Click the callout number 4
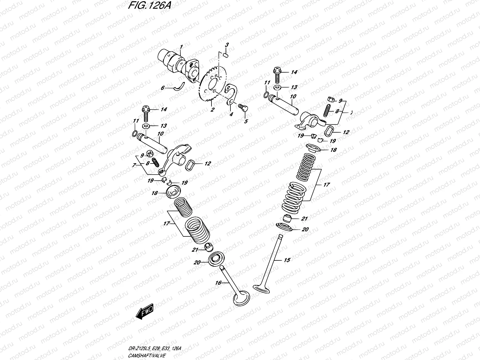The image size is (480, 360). (231, 114)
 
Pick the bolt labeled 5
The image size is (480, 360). (242, 107)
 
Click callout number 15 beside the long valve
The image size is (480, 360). (287, 260)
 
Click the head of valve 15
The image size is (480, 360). (262, 288)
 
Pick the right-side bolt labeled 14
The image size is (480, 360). (277, 73)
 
